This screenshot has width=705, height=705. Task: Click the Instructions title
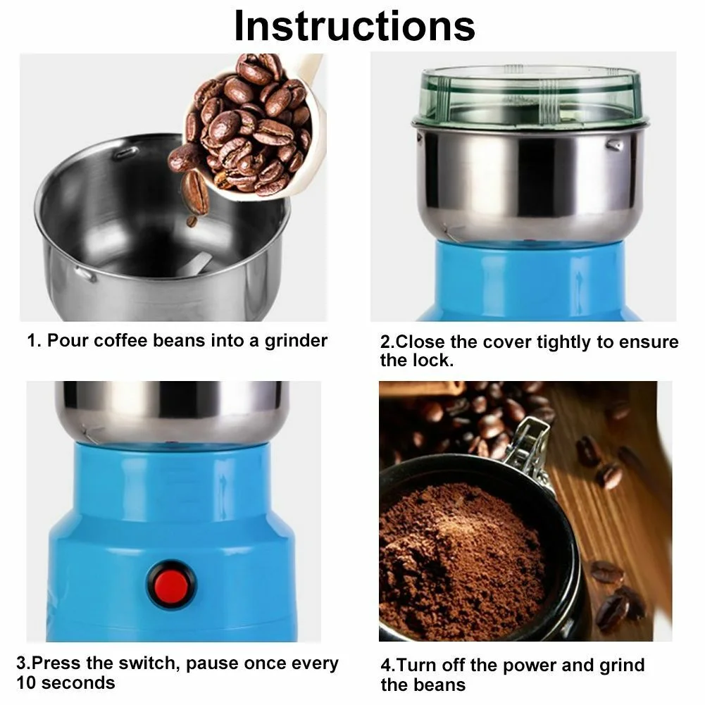click(x=354, y=26)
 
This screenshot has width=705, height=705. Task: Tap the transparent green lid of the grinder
click(x=530, y=95)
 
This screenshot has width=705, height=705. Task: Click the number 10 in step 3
click(x=25, y=683)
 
